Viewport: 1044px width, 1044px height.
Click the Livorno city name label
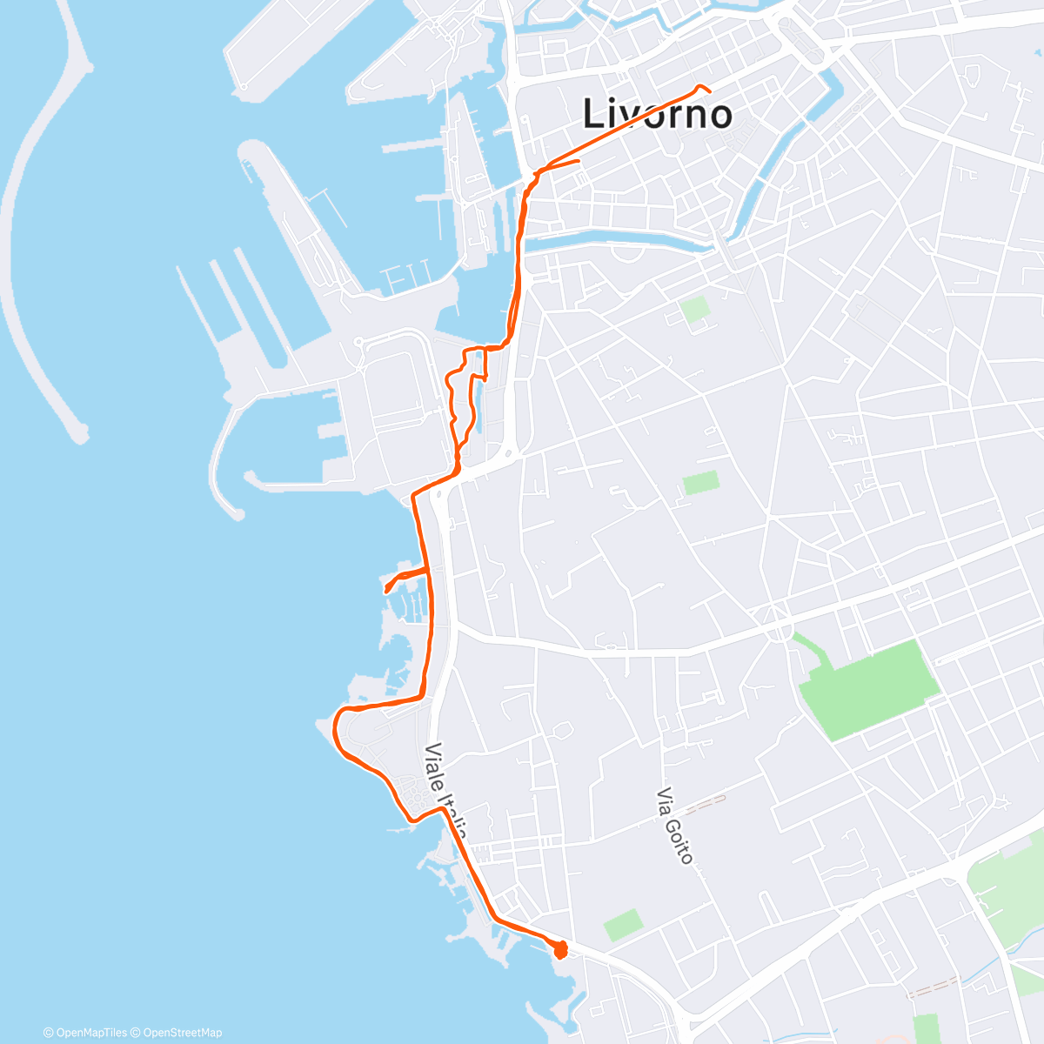(656, 114)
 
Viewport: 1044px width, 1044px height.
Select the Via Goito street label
(675, 826)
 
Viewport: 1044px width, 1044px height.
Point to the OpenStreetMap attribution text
(180, 1033)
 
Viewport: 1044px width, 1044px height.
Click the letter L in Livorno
(593, 114)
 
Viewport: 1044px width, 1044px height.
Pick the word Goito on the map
(679, 838)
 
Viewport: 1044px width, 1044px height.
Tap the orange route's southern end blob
(559, 949)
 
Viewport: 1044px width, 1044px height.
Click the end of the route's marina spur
(385, 591)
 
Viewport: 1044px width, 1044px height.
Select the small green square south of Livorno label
(694, 309)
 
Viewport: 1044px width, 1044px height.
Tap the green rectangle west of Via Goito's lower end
(622, 925)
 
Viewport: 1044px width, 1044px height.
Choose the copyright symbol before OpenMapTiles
(49, 1033)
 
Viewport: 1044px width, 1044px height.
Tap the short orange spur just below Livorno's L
(565, 163)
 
